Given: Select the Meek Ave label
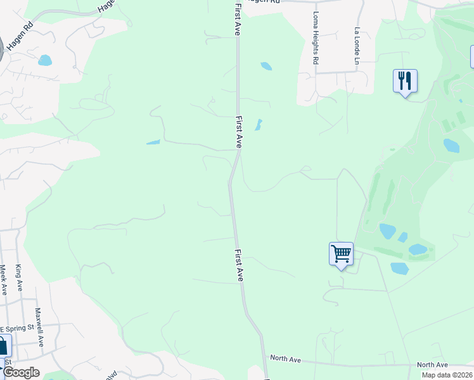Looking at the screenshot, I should (x=3, y=279).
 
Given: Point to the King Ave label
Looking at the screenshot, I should (x=19, y=277).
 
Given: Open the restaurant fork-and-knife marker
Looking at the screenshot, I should (x=405, y=81).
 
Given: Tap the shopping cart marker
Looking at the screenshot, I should (x=341, y=254).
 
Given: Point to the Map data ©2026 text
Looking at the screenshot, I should (x=447, y=375).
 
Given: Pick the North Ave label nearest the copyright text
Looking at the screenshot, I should (x=432, y=365).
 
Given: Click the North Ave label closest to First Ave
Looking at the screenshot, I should (x=285, y=358).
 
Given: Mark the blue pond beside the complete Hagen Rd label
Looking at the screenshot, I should (x=44, y=61).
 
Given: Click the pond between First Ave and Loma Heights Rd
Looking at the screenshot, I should (x=266, y=66).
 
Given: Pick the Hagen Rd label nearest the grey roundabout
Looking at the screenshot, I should (x=19, y=37).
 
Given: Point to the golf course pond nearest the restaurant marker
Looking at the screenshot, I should (x=451, y=146).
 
